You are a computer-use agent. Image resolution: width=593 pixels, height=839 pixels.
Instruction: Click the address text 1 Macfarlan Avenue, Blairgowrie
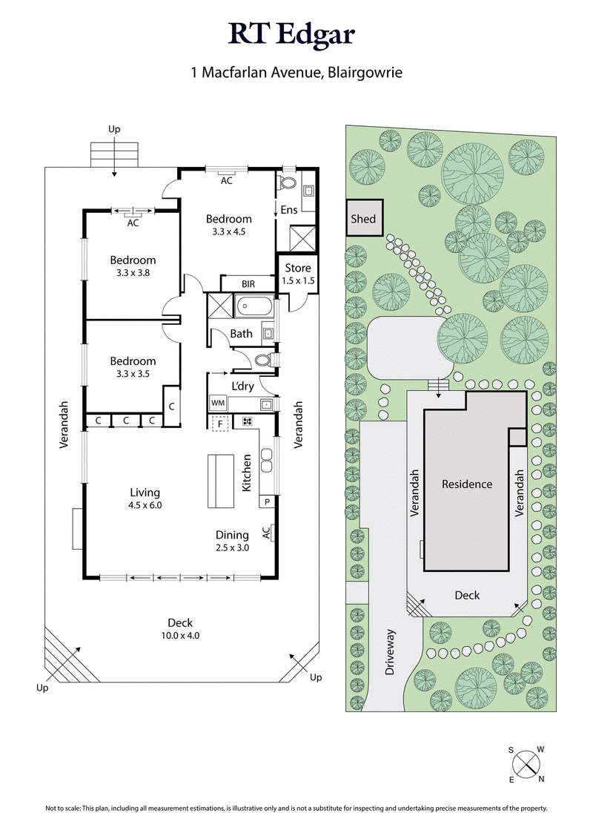click(296, 73)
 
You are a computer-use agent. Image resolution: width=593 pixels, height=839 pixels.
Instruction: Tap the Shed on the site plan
click(364, 219)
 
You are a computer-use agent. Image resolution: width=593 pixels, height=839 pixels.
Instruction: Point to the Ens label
click(289, 210)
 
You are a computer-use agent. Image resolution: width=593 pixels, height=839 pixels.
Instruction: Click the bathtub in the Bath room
click(254, 305)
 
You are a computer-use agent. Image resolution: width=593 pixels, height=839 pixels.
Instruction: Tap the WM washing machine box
click(218, 403)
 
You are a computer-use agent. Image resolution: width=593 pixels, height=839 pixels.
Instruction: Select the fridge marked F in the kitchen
click(220, 424)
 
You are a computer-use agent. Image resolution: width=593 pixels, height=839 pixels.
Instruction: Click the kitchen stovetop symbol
click(245, 422)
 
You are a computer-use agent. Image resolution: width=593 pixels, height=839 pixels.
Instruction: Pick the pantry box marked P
click(266, 502)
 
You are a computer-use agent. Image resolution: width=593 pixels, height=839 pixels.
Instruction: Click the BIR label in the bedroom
click(248, 283)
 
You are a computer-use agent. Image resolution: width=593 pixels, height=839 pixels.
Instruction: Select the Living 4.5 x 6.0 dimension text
click(145, 499)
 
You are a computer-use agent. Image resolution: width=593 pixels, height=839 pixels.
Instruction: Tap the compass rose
click(526, 763)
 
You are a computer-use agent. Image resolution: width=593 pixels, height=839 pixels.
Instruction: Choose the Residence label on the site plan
click(467, 484)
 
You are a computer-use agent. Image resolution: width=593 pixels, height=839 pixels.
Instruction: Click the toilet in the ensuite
click(288, 182)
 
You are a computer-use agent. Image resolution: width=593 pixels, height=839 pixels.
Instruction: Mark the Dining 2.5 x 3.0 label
click(232, 541)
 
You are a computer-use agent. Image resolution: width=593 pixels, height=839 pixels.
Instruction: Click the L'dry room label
click(242, 386)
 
